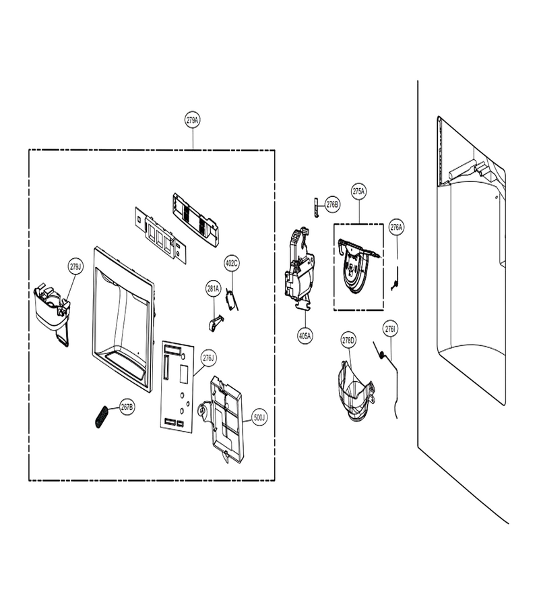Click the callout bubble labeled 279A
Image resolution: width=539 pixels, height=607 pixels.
(x=193, y=120)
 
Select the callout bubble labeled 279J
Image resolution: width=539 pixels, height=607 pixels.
(x=75, y=266)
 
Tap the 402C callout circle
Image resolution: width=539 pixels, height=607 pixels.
(x=232, y=264)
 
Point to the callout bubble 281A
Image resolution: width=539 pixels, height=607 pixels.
(x=213, y=289)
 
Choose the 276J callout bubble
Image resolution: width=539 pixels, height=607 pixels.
(x=208, y=358)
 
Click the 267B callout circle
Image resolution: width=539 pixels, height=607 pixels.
(x=127, y=407)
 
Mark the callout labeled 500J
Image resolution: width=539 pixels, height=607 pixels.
(x=259, y=417)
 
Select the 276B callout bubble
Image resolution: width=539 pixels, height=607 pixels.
(x=331, y=204)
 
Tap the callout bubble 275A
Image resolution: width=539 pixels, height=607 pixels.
(x=359, y=192)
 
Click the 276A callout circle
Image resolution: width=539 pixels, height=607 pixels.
(x=396, y=227)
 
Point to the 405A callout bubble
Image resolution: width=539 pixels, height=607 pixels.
(x=305, y=336)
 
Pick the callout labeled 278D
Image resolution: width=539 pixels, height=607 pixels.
(x=348, y=341)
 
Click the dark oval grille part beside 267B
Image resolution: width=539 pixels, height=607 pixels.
(x=102, y=416)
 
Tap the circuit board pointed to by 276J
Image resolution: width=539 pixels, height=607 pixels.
(x=177, y=386)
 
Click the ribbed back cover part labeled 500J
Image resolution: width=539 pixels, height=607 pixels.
(x=222, y=420)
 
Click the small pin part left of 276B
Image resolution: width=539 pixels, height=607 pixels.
(x=316, y=208)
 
